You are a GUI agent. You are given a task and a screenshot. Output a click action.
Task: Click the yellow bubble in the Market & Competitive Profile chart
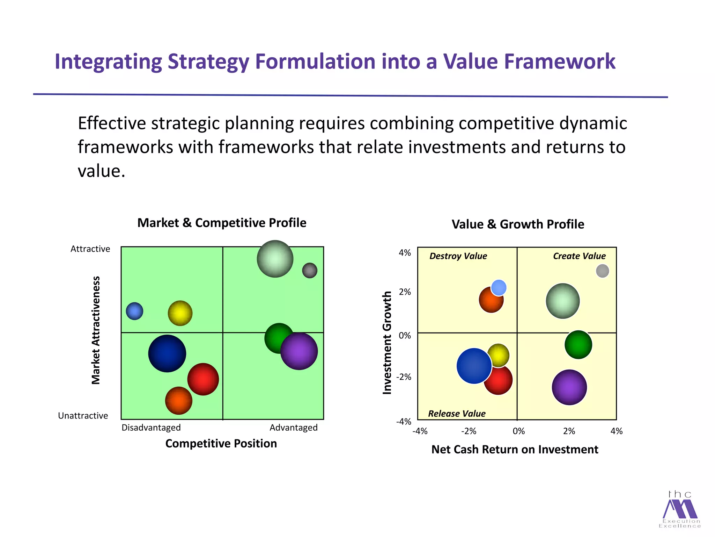[180, 313]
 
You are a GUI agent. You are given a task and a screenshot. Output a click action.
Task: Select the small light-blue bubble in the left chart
[134, 311]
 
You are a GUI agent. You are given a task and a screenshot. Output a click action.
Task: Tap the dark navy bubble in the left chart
[167, 353]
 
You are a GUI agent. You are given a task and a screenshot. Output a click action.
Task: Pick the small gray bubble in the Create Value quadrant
[602, 271]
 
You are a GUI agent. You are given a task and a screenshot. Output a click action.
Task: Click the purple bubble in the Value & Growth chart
[569, 387]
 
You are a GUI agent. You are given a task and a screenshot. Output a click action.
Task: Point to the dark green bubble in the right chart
[578, 345]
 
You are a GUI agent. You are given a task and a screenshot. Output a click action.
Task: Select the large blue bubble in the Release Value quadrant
[473, 366]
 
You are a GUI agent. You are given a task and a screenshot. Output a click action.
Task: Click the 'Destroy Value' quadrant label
[458, 256]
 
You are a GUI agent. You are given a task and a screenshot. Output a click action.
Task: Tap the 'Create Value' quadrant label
[579, 256]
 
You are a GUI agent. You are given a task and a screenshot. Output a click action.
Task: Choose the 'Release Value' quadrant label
[457, 414]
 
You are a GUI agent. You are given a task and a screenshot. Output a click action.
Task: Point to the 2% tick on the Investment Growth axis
[405, 292]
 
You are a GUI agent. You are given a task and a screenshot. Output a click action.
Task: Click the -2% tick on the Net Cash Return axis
[469, 431]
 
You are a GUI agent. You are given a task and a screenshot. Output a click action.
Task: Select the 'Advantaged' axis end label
[293, 428]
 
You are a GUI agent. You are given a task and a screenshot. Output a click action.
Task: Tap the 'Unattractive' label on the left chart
[83, 416]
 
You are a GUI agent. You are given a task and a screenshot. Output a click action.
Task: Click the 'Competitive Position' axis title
[221, 443]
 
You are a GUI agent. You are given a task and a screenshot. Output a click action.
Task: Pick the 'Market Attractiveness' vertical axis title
[96, 330]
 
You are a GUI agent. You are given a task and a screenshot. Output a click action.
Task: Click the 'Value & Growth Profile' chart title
[518, 224]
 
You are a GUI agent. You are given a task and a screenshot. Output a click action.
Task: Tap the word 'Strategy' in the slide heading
[208, 62]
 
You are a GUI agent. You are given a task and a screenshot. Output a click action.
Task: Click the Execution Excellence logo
[680, 509]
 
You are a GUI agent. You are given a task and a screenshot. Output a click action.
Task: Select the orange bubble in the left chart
[178, 401]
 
